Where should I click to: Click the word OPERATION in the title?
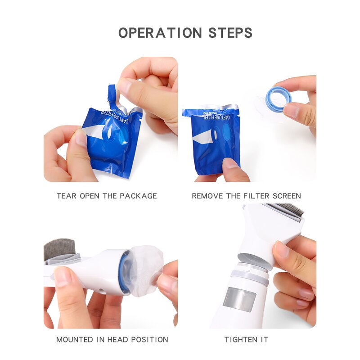click(x=160, y=33)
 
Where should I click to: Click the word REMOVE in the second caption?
click(x=206, y=196)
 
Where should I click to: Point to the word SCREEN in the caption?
click(x=286, y=196)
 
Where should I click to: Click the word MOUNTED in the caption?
click(x=75, y=340)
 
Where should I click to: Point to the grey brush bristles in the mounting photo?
click(x=59, y=248)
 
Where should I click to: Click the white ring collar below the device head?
click(x=249, y=275)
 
